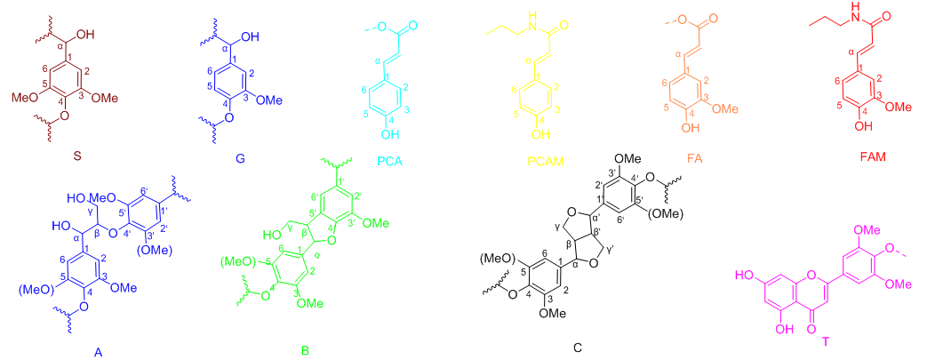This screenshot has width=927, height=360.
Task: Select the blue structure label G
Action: pyautogui.click(x=218, y=158)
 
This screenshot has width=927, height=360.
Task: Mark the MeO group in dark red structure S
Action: pyautogui.click(x=29, y=100)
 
